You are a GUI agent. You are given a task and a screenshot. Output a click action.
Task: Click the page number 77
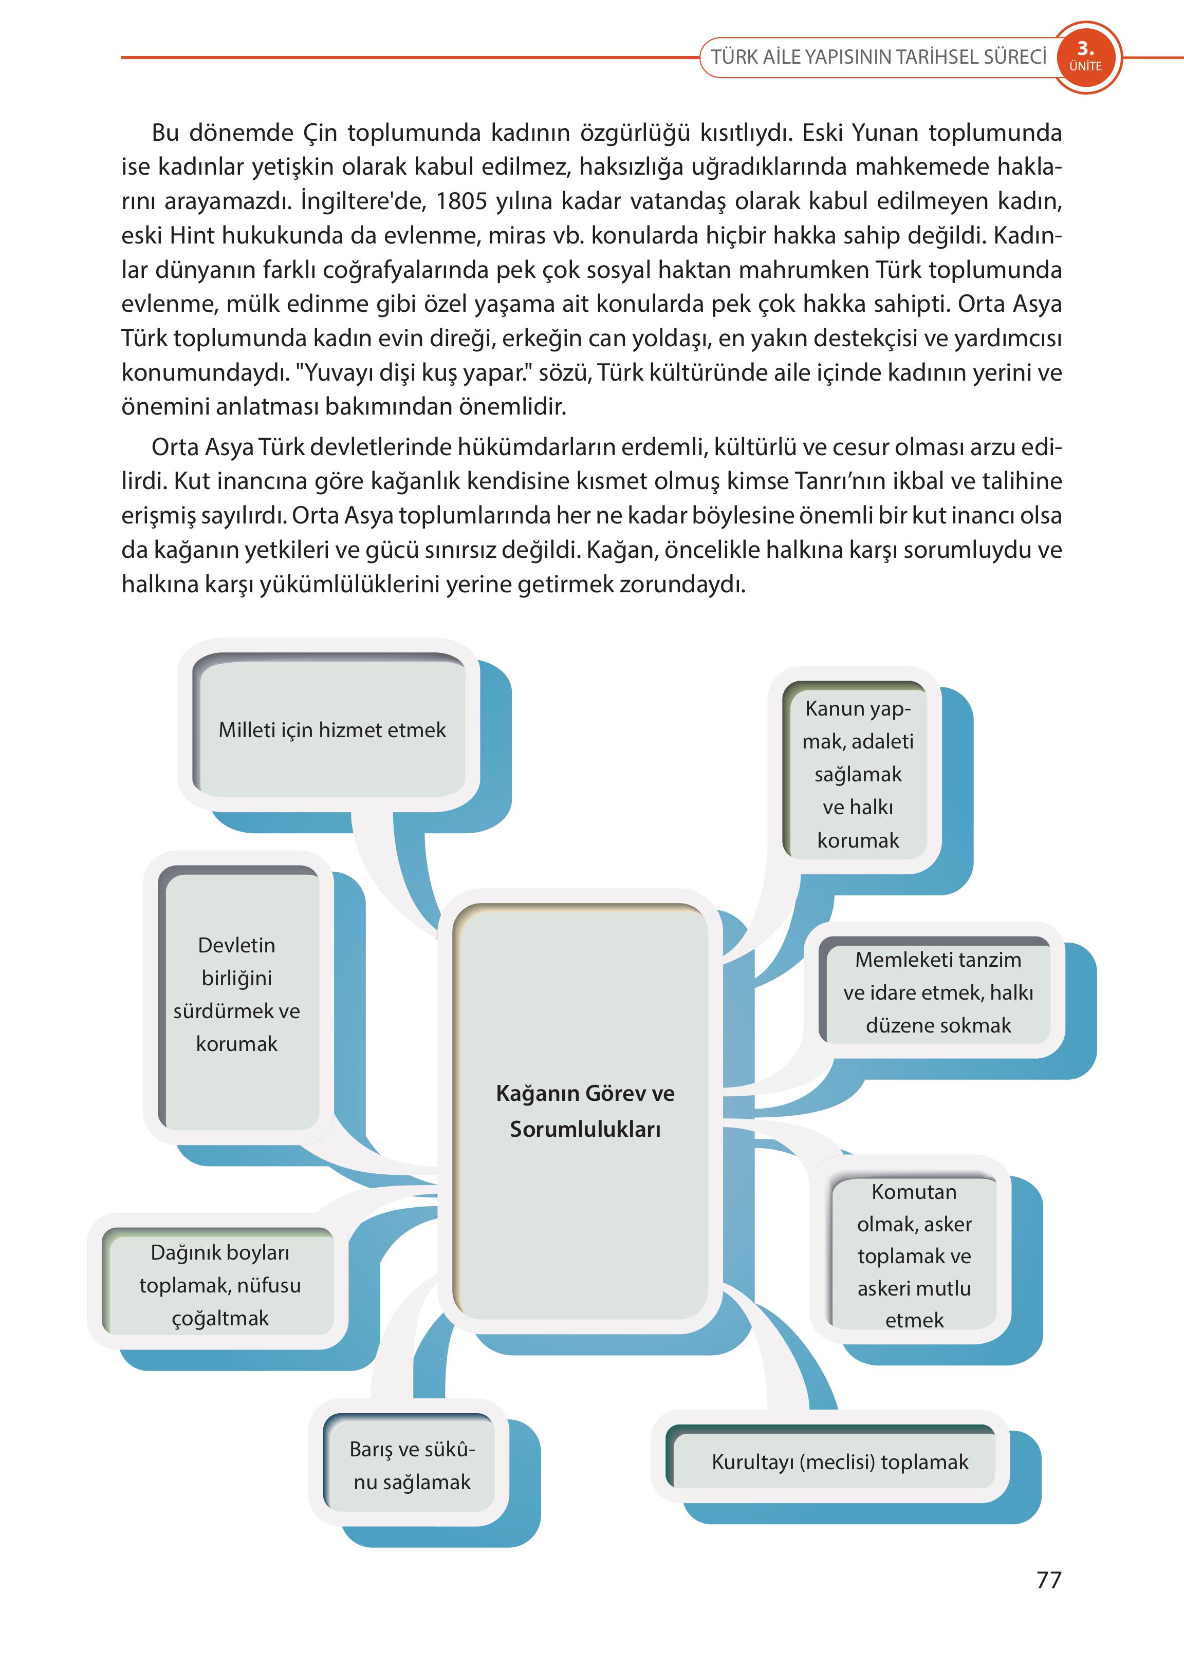coord(1048,1580)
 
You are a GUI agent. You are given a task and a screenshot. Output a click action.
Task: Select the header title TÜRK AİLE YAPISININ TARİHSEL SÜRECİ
coord(879,57)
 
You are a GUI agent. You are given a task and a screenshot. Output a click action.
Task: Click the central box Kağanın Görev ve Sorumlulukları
coord(585,1112)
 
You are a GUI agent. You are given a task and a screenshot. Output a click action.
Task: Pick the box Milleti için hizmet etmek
coord(332,729)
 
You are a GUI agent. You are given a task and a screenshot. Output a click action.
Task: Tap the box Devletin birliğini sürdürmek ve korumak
coord(237,994)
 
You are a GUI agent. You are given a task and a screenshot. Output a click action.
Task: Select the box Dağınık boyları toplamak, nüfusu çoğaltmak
coord(219,1285)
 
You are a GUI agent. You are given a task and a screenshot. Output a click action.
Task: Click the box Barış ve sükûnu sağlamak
coord(412,1465)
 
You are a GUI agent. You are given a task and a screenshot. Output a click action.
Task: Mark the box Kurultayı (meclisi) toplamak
coord(840,1462)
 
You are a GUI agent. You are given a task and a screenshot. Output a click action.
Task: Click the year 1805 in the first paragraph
coord(461,201)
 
